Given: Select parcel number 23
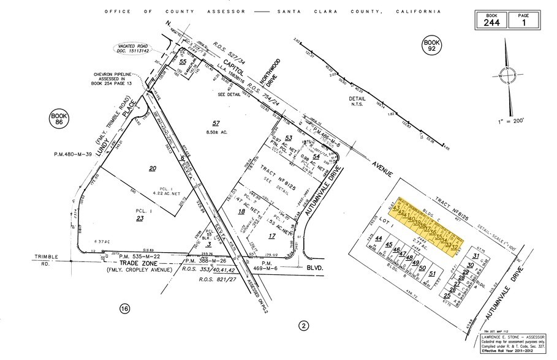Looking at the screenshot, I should (140, 218).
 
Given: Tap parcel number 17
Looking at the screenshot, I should (272, 235).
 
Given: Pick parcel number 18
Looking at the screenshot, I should (241, 211).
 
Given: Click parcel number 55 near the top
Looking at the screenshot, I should (183, 62).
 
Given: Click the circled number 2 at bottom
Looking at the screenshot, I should (302, 325).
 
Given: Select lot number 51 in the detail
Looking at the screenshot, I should (432, 274).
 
